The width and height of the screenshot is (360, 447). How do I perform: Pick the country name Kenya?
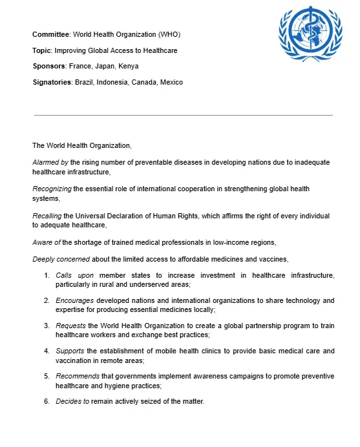[128, 66]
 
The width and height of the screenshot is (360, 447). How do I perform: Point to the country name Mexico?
[171, 82]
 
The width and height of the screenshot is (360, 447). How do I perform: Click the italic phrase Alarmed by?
[50, 162]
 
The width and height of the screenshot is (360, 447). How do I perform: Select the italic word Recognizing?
[52, 189]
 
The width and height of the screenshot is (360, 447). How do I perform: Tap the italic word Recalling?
[48, 215]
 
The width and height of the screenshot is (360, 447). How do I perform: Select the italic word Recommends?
[79, 376]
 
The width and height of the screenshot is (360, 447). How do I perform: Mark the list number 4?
[47, 351]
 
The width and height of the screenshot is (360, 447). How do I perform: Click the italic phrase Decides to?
[71, 401]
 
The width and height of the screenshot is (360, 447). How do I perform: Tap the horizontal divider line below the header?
[183, 115]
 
